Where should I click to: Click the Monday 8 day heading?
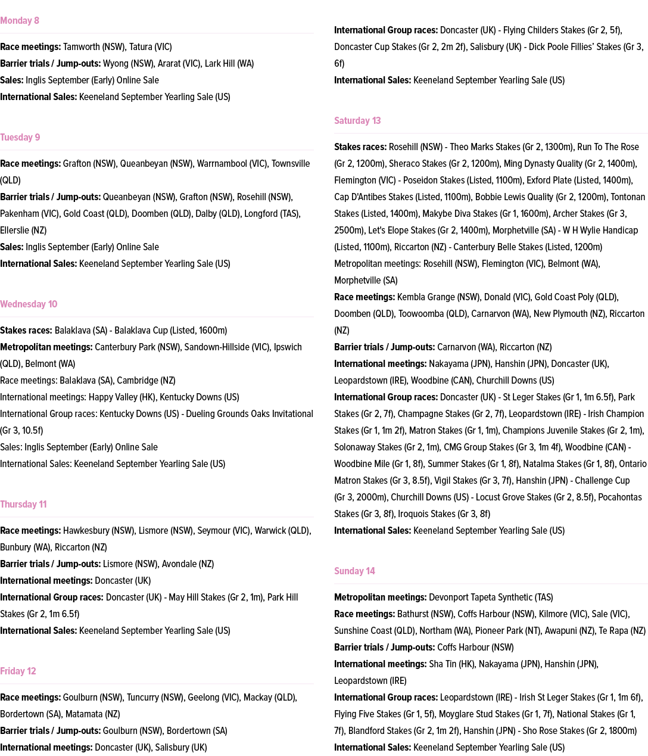tap(20, 21)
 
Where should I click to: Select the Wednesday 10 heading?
tap(29, 304)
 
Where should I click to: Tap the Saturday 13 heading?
tap(357, 121)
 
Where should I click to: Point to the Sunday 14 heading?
tap(354, 571)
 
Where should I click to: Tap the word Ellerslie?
tap(14, 231)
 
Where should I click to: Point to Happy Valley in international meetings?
tap(114, 397)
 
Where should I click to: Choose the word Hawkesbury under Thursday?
tap(87, 531)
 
